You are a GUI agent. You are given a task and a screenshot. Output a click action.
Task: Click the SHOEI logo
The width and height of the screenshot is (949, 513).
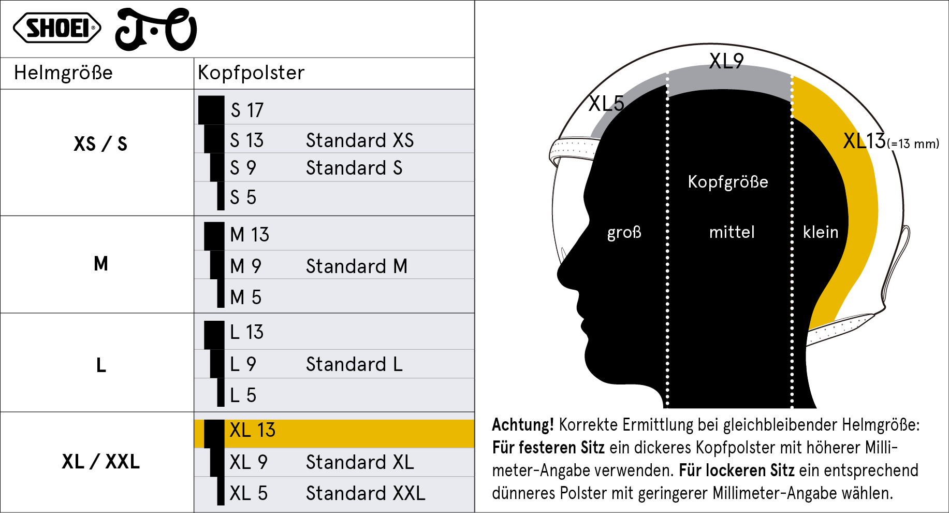pos(57,28)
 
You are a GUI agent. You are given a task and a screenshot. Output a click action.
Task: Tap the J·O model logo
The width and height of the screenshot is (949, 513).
pos(156,30)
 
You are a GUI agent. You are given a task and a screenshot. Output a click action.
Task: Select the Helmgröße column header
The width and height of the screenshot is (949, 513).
pos(63,73)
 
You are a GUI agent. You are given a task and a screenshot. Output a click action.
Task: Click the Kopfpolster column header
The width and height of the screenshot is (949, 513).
pos(251,73)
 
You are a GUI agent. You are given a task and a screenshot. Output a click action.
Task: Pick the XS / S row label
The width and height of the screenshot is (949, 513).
pos(100,144)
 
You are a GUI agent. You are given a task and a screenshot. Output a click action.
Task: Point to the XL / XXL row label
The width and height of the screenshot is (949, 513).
pos(101,461)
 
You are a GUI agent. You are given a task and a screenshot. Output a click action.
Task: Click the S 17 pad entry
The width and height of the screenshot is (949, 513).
pos(247,110)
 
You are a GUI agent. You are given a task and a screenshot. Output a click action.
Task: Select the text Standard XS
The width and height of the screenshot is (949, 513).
pos(360,140)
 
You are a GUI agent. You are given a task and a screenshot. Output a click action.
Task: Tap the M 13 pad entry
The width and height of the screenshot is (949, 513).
pos(250,235)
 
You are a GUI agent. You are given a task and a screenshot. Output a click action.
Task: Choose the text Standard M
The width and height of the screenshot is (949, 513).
pos(357,266)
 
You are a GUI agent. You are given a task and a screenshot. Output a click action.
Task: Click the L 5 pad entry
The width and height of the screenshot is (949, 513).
pos(243,395)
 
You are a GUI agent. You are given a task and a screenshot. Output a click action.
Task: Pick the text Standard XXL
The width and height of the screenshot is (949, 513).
pos(366,493)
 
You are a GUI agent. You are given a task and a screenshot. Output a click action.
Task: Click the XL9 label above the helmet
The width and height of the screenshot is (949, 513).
pos(726,61)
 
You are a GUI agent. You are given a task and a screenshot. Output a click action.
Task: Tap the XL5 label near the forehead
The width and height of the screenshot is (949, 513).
pos(606,104)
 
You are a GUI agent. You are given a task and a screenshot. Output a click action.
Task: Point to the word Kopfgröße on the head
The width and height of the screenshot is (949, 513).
pos(728,182)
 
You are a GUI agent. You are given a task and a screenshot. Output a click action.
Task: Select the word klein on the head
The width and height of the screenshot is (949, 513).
pos(821,232)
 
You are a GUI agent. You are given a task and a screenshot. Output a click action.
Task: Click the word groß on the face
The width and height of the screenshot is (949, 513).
pos(624,232)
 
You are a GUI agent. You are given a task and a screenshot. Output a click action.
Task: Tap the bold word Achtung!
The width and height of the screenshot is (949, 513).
pos(523,425)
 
